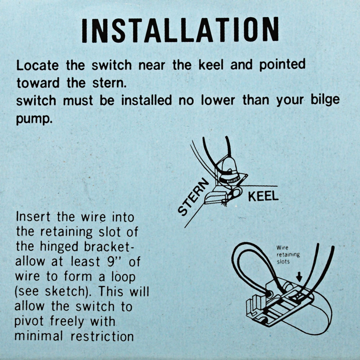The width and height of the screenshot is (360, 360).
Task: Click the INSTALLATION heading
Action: click(x=180, y=28)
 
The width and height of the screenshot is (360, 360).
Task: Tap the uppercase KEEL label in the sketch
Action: click(x=263, y=196)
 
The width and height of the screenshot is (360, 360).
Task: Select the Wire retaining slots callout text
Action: click(x=288, y=254)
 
